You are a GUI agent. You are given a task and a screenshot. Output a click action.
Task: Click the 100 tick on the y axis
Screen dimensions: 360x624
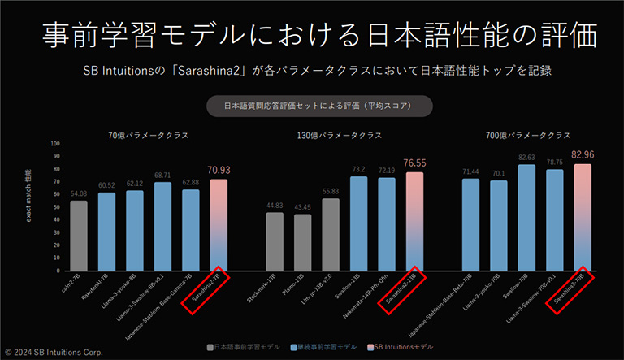pyautogui.click(x=55, y=144)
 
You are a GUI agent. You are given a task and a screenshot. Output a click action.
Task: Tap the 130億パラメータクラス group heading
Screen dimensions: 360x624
pyautogui.click(x=340, y=135)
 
